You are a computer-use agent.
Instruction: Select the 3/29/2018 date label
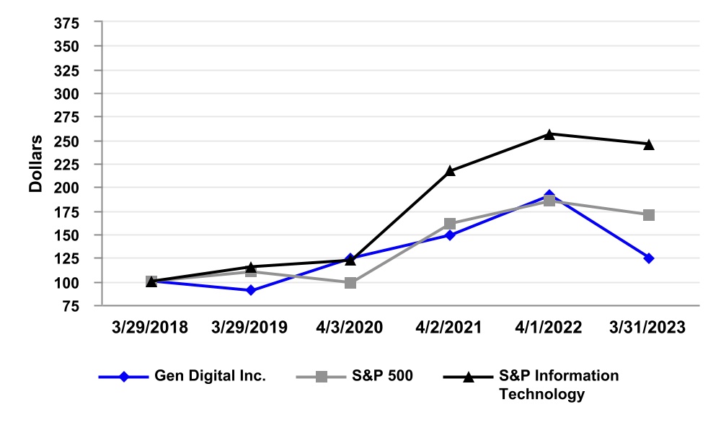click(x=151, y=327)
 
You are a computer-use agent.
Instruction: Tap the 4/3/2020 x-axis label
click(x=350, y=327)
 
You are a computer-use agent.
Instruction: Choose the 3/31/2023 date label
click(x=649, y=327)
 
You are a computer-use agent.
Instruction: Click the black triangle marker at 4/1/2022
click(x=549, y=134)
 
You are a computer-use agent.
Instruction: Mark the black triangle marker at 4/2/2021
click(x=450, y=171)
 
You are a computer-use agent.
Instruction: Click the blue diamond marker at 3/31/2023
click(x=649, y=258)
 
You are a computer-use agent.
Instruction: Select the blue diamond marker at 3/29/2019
click(x=250, y=290)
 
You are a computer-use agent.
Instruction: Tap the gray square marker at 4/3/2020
click(x=350, y=283)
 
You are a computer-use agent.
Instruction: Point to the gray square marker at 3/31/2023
click(x=649, y=215)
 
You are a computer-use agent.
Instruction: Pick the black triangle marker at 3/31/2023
click(x=649, y=144)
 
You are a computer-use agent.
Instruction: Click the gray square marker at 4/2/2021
click(x=450, y=224)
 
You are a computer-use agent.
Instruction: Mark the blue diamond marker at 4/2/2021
click(x=450, y=235)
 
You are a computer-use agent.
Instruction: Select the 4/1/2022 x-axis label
click(x=549, y=327)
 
